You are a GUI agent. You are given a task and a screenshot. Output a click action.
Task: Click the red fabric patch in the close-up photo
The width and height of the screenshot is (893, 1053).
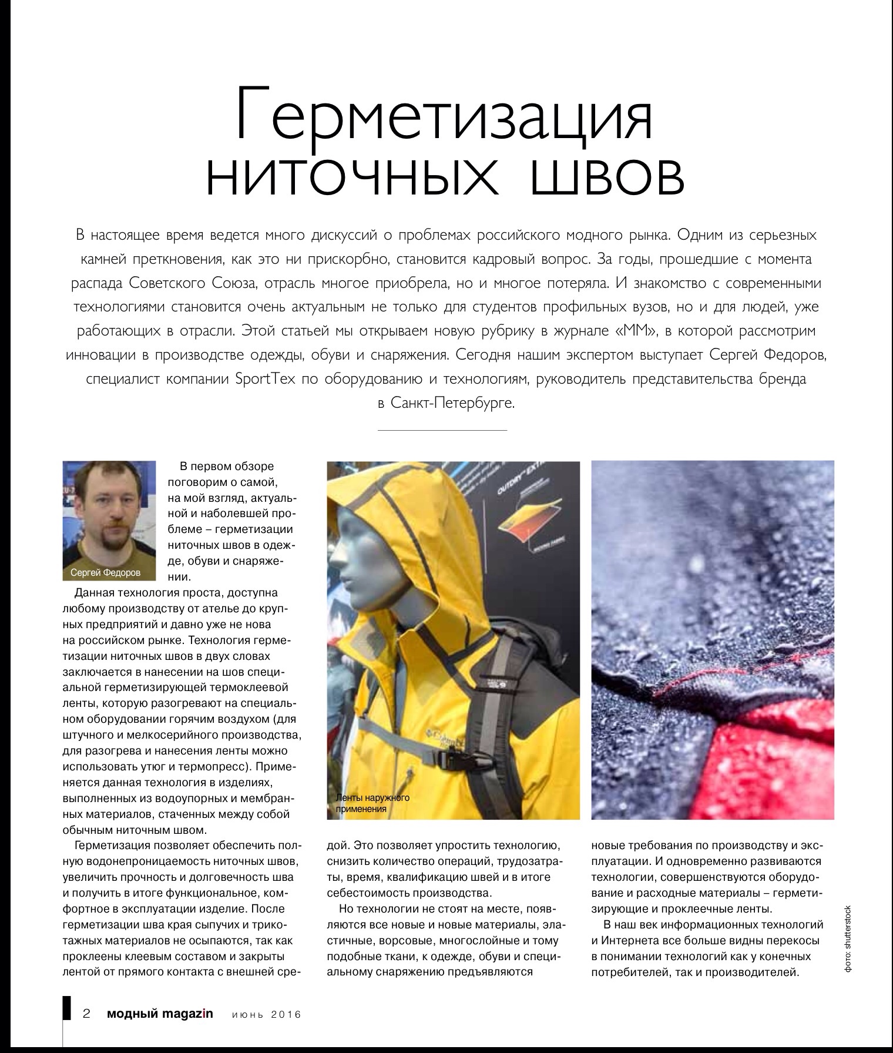pyautogui.click(x=781, y=764)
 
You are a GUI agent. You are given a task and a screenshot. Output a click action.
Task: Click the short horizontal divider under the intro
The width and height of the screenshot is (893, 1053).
pyautogui.click(x=442, y=431)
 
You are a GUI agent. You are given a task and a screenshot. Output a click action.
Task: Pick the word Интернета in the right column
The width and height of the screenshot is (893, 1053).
pyautogui.click(x=636, y=939)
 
